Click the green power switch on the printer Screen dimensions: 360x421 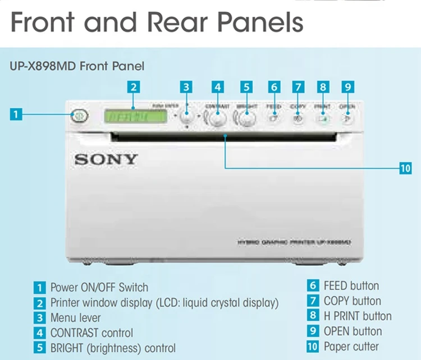click(x=79, y=116)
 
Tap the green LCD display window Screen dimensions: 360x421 click(x=136, y=117)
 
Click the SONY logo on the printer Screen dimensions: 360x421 click(x=106, y=159)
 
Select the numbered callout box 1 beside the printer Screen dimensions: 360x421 click(x=16, y=114)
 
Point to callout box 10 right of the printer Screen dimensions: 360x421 click(x=405, y=168)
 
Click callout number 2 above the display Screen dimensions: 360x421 click(x=133, y=87)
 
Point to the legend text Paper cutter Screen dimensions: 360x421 click(x=351, y=347)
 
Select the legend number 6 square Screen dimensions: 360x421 click(x=313, y=286)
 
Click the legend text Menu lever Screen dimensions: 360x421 click(x=76, y=318)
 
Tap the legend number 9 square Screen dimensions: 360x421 click(x=313, y=331)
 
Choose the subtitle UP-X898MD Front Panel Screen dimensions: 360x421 click(x=77, y=66)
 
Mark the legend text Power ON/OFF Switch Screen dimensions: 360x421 click(x=99, y=288)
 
